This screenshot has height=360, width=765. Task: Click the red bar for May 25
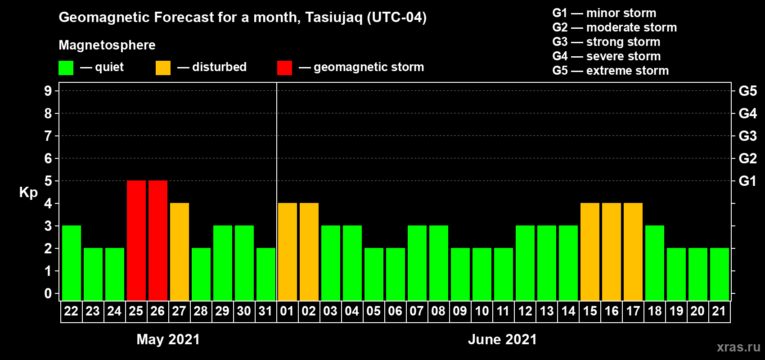(136, 240)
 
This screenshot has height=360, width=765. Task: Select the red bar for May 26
(158, 240)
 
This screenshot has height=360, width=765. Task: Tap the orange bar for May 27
(180, 252)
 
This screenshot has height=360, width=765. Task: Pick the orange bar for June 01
(288, 252)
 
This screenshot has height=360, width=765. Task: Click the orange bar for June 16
(612, 252)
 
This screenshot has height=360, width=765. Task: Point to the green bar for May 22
(72, 263)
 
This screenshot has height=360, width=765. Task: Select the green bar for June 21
(720, 274)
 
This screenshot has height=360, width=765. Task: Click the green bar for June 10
(482, 274)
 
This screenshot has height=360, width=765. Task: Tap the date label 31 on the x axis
(265, 311)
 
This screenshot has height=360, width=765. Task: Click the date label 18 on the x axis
(655, 311)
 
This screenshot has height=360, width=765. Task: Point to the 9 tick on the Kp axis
(48, 91)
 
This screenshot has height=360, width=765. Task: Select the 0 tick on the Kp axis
(48, 293)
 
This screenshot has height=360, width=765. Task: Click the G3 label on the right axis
(747, 136)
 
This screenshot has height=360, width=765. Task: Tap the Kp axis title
(28, 192)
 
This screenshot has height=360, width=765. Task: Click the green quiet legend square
(66, 67)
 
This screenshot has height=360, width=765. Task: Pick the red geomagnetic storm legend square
(284, 67)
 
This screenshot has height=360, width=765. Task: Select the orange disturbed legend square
(163, 67)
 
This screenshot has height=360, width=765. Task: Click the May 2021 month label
(168, 339)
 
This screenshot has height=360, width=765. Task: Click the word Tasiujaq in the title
(333, 18)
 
